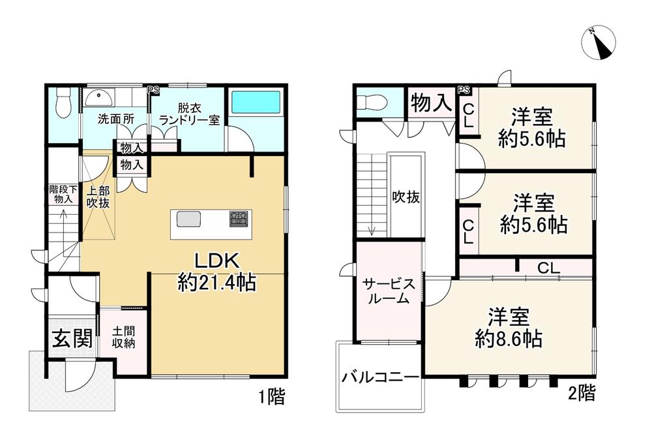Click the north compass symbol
(x=598, y=42)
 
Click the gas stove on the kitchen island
(x=238, y=218)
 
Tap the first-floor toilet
(x=63, y=104)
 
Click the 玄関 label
(x=72, y=339)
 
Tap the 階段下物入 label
(x=63, y=194)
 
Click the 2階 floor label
(x=581, y=393)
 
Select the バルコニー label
(x=380, y=378)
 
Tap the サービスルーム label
(x=389, y=291)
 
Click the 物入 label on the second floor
(x=431, y=103)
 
